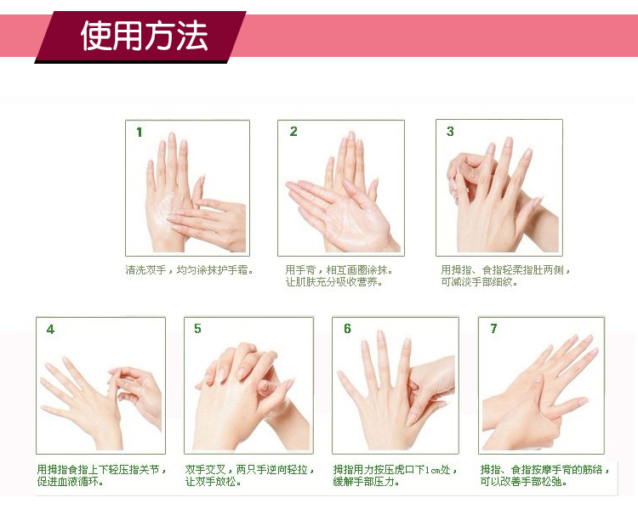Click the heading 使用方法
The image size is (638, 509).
(x=145, y=36)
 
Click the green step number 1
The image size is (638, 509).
(x=140, y=132)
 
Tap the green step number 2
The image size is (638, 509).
(x=293, y=132)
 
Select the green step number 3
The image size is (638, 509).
(x=450, y=132)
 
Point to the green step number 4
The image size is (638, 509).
(x=50, y=329)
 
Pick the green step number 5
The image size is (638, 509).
(x=197, y=329)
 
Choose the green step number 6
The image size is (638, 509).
(x=347, y=329)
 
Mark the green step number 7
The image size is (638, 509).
(x=493, y=329)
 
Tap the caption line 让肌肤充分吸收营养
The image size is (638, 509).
(x=333, y=282)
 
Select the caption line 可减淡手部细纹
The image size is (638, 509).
(x=479, y=282)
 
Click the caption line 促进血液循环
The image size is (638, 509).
(x=70, y=482)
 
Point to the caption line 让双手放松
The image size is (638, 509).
(x=214, y=482)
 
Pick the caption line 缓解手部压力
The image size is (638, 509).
(x=366, y=482)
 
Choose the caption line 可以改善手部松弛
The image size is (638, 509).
(x=523, y=482)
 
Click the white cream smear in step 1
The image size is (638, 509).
(x=167, y=210)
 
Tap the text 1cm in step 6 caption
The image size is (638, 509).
(x=433, y=470)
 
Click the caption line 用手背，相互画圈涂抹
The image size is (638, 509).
(x=339, y=270)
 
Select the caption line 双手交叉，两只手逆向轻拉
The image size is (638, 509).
(x=250, y=470)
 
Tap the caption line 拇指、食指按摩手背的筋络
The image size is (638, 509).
(x=544, y=470)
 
